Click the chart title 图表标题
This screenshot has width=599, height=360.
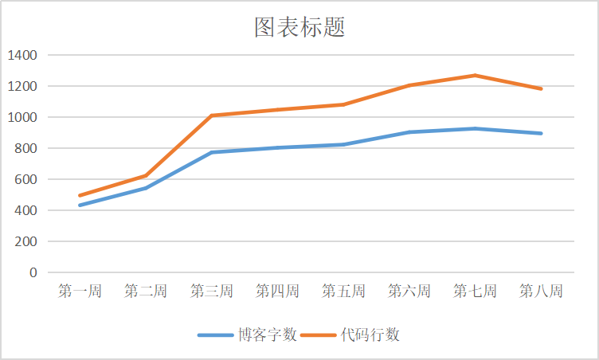click(x=299, y=28)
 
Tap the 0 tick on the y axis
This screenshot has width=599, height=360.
click(x=33, y=272)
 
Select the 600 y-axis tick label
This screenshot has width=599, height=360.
click(x=25, y=179)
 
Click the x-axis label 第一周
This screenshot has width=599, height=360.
click(x=80, y=292)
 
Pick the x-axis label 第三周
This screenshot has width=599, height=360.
click(x=212, y=292)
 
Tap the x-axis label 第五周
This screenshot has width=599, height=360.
click(x=343, y=292)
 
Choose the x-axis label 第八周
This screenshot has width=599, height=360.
click(x=541, y=292)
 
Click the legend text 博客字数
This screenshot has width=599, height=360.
click(x=268, y=335)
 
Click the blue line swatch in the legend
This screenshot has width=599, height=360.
click(x=216, y=335)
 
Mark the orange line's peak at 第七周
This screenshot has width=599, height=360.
click(x=476, y=76)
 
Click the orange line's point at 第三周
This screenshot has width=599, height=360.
click(x=212, y=115)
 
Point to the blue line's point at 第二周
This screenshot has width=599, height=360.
click(x=146, y=188)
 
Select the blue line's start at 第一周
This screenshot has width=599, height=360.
click(x=80, y=205)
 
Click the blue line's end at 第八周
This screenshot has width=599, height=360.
click(x=542, y=133)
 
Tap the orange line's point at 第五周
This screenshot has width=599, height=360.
click(x=343, y=104)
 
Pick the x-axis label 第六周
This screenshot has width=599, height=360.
click(x=409, y=292)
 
